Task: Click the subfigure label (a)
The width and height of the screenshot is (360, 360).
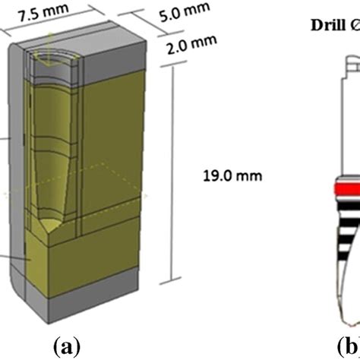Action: tap(66, 346)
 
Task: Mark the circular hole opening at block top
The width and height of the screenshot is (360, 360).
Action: tap(53, 55)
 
